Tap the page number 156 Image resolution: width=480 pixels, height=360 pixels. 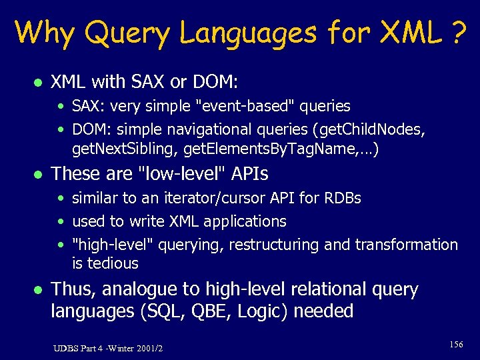pyautogui.click(x=456, y=345)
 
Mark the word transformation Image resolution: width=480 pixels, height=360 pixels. pyautogui.click(x=406, y=245)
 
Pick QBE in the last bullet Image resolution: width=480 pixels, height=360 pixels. pyautogui.click(x=199, y=311)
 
